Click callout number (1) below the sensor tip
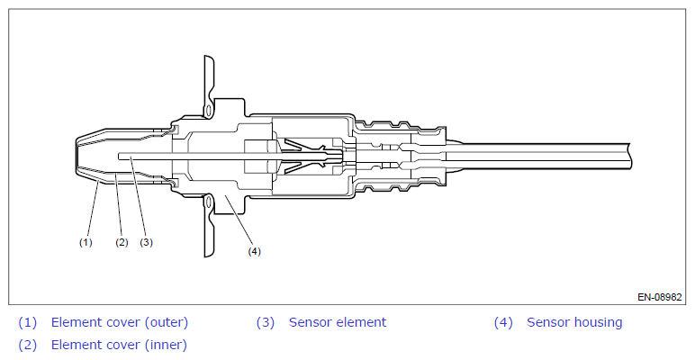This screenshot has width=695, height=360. coord(86,241)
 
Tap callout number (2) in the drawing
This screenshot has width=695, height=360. coord(122,241)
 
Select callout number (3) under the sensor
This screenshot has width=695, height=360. coord(146,241)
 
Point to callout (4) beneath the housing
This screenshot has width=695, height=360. coord(254,251)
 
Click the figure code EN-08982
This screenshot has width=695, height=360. coord(660,296)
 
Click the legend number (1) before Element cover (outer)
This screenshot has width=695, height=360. coord(28,322)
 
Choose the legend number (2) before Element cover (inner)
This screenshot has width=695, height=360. coord(28,344)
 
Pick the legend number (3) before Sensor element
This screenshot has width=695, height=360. coord(265,322)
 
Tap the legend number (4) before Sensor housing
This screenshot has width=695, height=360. coord(503,322)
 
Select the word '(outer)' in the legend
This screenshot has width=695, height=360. coord(163,322)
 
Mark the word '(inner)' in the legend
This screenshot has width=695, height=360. coord(162,344)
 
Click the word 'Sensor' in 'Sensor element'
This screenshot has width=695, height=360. coord(310,322)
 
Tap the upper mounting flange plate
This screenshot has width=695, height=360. coord(208,85)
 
